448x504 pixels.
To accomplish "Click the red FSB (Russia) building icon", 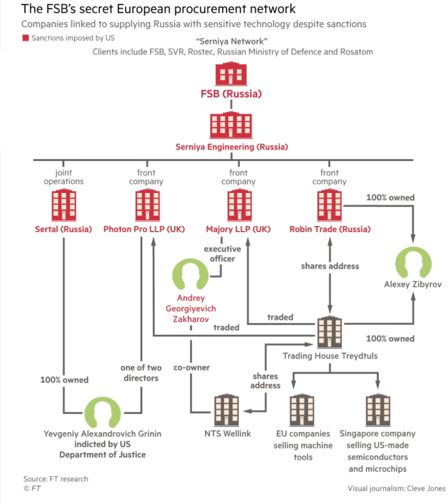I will pos(231,74).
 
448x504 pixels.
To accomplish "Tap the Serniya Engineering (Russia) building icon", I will pos(231,125).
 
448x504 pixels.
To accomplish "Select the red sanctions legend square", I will pos(26,38).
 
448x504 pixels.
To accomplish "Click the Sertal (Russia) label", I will pos(63,229).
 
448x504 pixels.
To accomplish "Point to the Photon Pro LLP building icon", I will pos(147,205).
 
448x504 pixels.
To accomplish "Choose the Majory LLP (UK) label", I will pos(238,229).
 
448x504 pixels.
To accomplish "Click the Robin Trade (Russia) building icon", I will pos(329,205).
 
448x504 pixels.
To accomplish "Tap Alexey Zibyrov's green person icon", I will pos(413,262).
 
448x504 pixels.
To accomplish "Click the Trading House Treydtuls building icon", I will pos(329,332).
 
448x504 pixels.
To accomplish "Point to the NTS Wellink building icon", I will pos(227,410).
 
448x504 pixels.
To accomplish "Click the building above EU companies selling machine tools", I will pos(302,410).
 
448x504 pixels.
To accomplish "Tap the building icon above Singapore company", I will pos(378,410).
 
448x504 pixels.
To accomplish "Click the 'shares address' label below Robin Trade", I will pos(330,266).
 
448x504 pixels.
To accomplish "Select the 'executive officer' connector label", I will pos(222,254).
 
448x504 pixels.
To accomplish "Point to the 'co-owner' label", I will pos(191,368).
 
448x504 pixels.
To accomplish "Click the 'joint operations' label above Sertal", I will pos(63,177).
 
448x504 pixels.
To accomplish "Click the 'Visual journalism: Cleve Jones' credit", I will pos(396,489).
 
